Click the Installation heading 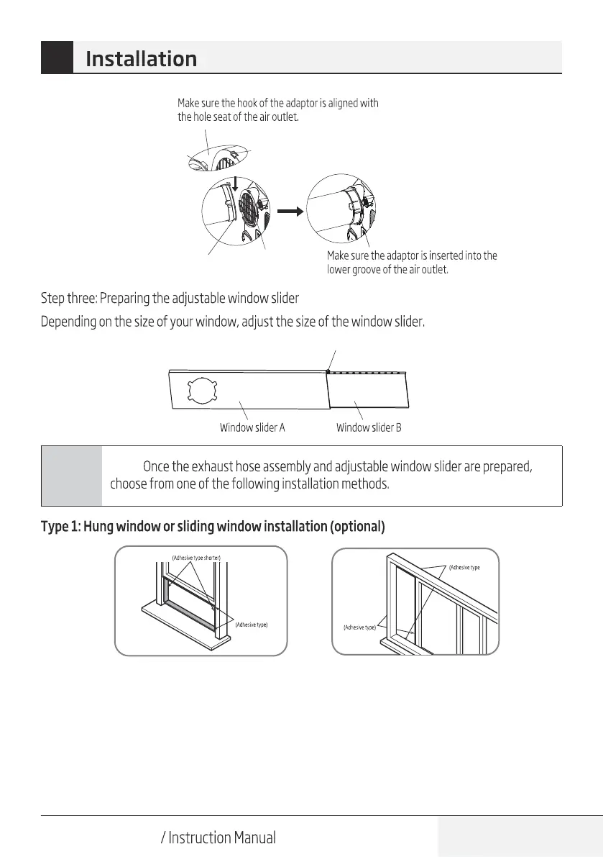tap(141, 58)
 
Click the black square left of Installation tap(57, 58)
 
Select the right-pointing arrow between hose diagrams tap(288, 212)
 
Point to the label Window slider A tap(252, 427)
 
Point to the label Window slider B tap(369, 427)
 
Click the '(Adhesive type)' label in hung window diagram tap(251, 625)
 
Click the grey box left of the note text tap(72, 476)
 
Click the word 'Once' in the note tap(156, 467)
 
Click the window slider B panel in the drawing tap(367, 394)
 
